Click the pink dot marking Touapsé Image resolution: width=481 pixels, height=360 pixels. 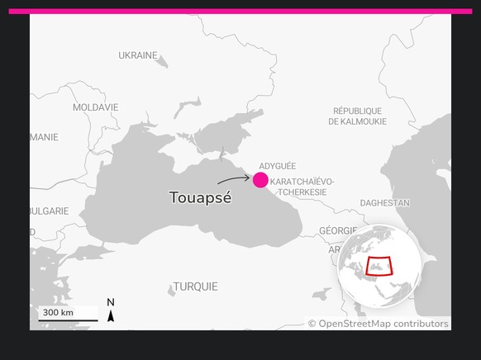(x=260, y=180)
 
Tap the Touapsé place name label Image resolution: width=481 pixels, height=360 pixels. (x=200, y=198)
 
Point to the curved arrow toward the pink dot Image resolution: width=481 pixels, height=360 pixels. (x=234, y=178)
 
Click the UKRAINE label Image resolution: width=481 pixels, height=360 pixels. (x=137, y=55)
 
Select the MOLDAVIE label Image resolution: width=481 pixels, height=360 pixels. (x=95, y=107)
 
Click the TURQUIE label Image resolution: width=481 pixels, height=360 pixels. (x=195, y=287)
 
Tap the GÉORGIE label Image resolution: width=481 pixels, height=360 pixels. (x=338, y=230)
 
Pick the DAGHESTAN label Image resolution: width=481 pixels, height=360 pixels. (x=384, y=202)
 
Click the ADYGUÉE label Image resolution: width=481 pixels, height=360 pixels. (x=277, y=166)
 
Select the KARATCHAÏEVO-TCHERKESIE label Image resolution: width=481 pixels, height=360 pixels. (x=302, y=186)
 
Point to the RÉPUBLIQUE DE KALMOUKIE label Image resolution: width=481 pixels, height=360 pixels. (x=357, y=116)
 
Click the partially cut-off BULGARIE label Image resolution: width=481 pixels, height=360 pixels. (x=49, y=211)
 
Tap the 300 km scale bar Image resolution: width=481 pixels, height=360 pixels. (x=67, y=315)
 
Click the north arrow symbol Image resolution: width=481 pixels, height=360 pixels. (x=111, y=315)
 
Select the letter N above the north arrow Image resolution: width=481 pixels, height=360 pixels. (x=111, y=302)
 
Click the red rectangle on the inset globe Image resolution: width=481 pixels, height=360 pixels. (x=379, y=266)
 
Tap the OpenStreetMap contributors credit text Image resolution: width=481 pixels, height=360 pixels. (x=378, y=324)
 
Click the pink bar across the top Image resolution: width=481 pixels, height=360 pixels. (x=240, y=12)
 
